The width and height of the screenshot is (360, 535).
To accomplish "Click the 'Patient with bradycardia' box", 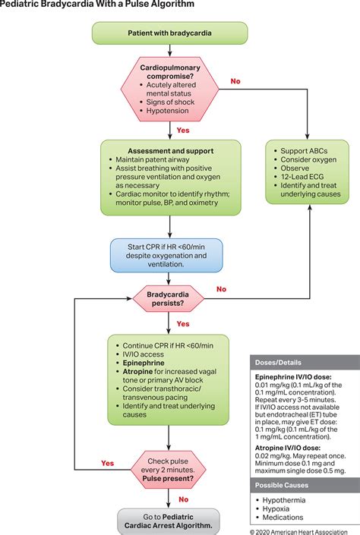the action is [x=170, y=33].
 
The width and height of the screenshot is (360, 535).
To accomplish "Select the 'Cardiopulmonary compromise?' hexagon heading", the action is [x=170, y=71].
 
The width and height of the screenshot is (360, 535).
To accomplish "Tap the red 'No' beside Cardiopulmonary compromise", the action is [x=235, y=81].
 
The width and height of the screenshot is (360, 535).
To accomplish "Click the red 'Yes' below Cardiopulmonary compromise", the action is [x=183, y=131].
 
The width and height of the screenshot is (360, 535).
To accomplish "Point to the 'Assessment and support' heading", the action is [x=171, y=151].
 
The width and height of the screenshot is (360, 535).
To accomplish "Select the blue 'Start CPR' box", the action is [x=166, y=255].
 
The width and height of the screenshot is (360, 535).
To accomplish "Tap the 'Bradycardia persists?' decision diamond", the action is [x=168, y=298].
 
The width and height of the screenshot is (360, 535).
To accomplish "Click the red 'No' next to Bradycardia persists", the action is [x=221, y=289].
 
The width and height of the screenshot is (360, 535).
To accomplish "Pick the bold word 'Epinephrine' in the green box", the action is [x=144, y=363].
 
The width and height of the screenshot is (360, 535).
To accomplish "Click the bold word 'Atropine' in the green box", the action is [x=137, y=371].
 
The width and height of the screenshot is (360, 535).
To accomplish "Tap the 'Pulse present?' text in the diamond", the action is [x=168, y=478].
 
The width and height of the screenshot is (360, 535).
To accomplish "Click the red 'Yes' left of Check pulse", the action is [x=108, y=463].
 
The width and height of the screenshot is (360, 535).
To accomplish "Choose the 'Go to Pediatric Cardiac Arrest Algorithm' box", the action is [x=169, y=521].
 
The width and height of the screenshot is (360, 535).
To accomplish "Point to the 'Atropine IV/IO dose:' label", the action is [x=288, y=448].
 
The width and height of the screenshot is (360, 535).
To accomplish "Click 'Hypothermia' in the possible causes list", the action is [x=284, y=500].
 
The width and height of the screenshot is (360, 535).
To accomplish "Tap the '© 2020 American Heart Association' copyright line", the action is [x=298, y=532].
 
